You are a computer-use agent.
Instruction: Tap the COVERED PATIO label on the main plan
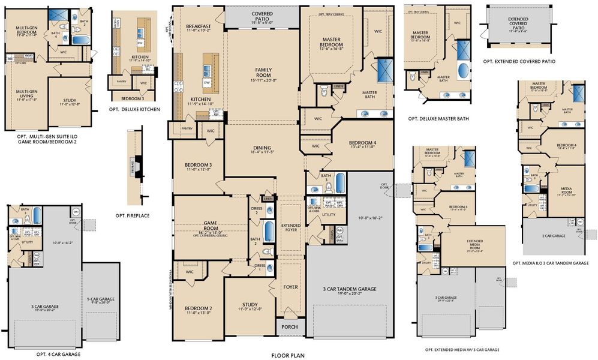pyautogui.click(x=263, y=14)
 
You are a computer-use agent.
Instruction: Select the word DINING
pyautogui.click(x=262, y=148)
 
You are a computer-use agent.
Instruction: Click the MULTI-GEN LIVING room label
pyautogui.click(x=24, y=94)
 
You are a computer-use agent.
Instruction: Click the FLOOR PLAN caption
pyautogui.click(x=287, y=355)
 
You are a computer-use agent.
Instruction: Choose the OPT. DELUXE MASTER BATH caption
pyautogui.click(x=438, y=119)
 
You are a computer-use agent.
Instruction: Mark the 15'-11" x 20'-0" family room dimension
pyautogui.click(x=263, y=80)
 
